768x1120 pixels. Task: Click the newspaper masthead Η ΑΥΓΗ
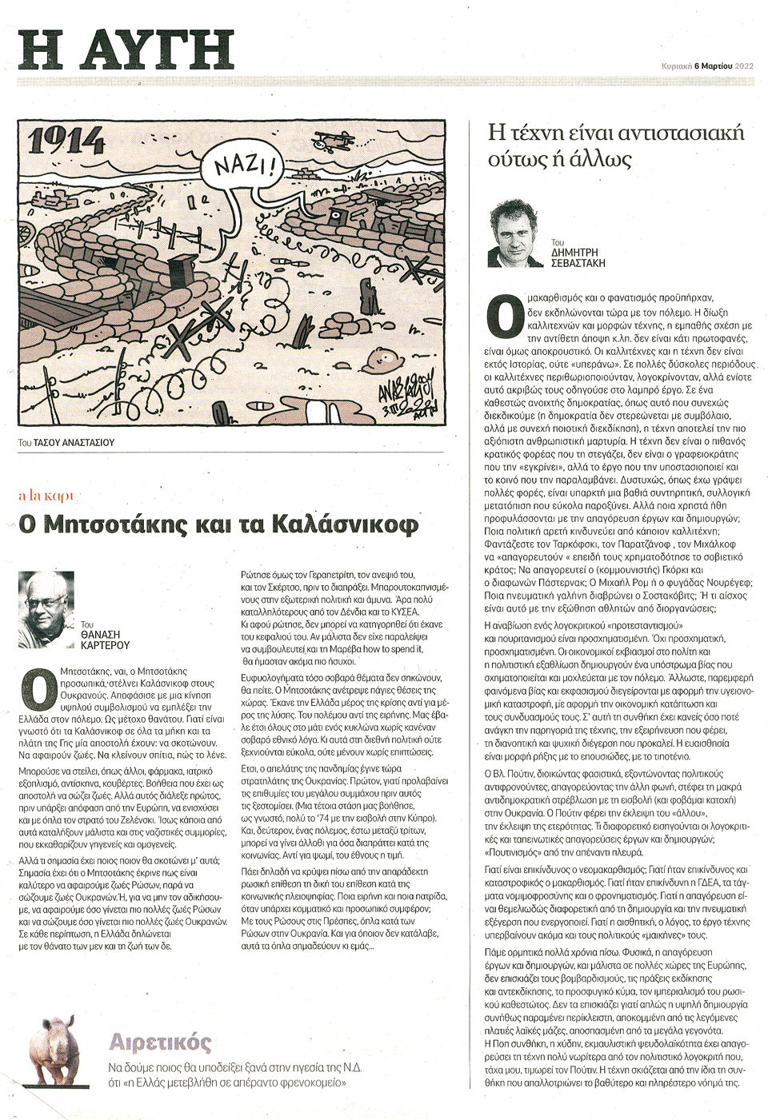(126, 50)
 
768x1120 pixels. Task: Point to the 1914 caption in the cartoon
(66, 141)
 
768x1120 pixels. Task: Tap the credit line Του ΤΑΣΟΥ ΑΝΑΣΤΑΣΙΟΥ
(66, 442)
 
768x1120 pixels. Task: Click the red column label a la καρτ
(46, 496)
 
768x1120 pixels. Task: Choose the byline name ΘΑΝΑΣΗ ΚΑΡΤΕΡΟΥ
(105, 639)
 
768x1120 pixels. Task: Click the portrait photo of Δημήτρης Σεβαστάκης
(516, 234)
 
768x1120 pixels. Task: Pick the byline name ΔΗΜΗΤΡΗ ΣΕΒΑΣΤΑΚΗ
(578, 257)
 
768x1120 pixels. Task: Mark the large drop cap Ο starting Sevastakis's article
(505, 316)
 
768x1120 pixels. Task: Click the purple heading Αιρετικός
(160, 1042)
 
